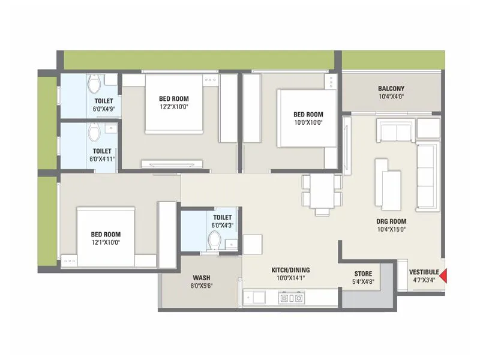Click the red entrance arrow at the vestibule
click(x=445, y=276)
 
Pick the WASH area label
click(x=201, y=278)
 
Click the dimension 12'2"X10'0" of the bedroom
click(x=174, y=107)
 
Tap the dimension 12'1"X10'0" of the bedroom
click(x=106, y=243)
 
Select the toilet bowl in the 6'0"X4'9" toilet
click(x=93, y=82)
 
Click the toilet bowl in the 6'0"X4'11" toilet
click(x=94, y=131)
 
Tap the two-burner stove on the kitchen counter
click(x=292, y=297)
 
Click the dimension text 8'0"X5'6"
click(x=201, y=286)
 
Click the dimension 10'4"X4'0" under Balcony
click(x=391, y=96)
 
